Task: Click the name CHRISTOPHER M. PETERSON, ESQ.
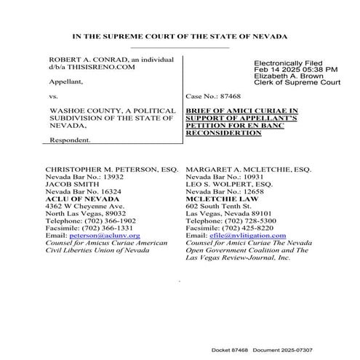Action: point(106,169)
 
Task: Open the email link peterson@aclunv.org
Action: point(94,236)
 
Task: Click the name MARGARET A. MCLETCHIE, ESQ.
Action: point(249,169)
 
